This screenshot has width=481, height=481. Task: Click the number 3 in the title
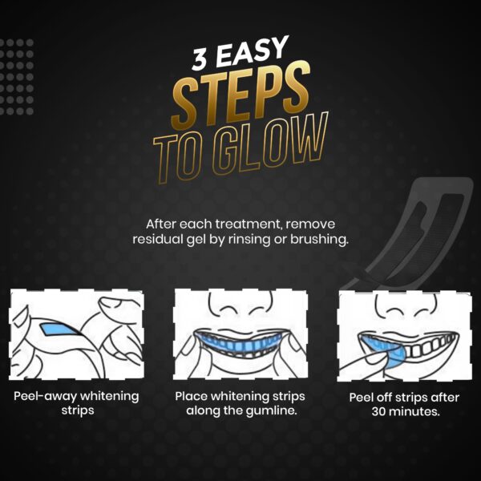click(x=200, y=60)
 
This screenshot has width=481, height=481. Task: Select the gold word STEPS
click(x=240, y=95)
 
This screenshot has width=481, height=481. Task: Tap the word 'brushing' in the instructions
click(x=319, y=240)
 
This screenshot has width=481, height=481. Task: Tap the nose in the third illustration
click(x=406, y=307)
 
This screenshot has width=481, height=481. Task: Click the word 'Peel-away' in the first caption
click(x=46, y=396)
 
